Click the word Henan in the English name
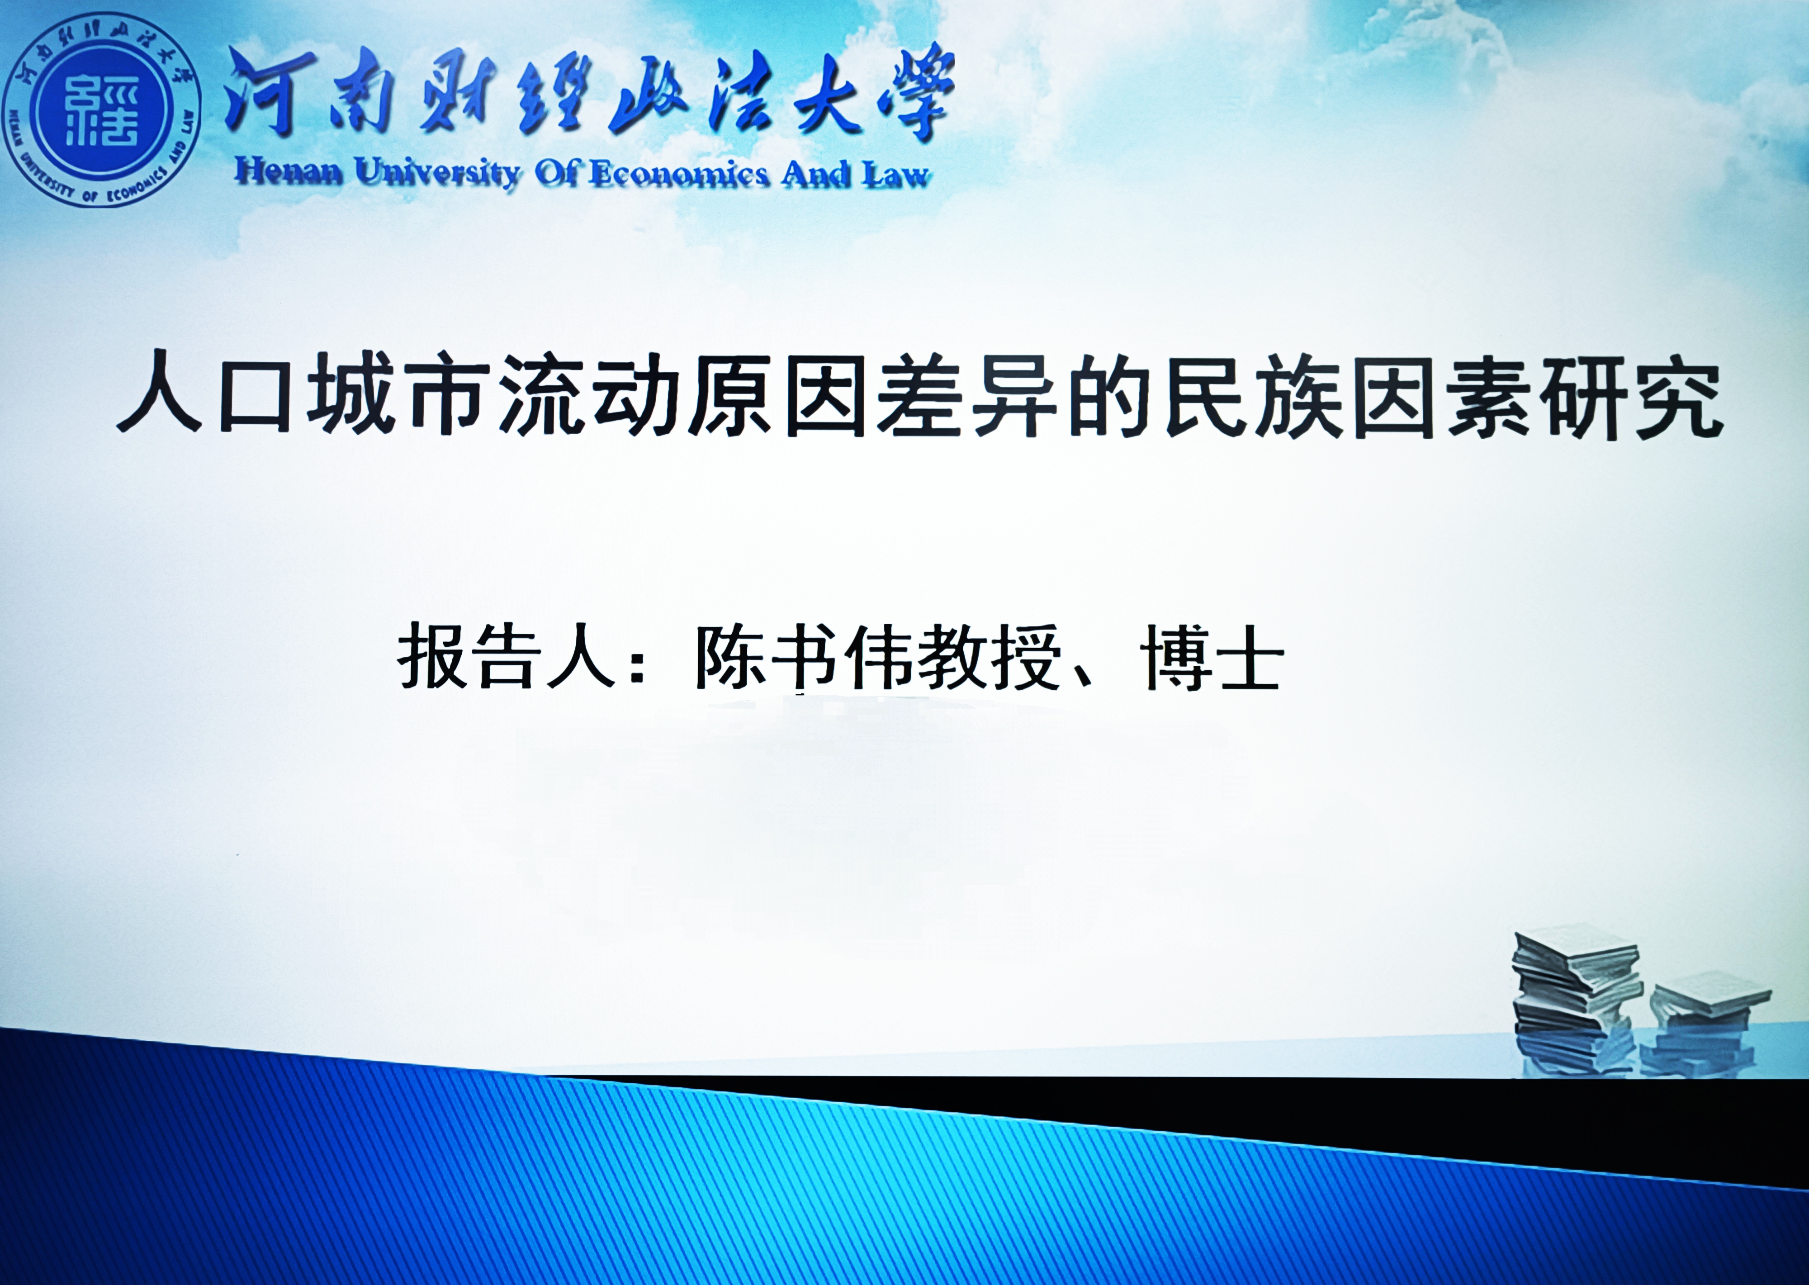pos(289,172)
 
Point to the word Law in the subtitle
pos(895,174)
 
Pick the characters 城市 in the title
pos(396,393)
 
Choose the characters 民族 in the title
pos(1254,394)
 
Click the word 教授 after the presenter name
pos(989,658)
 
